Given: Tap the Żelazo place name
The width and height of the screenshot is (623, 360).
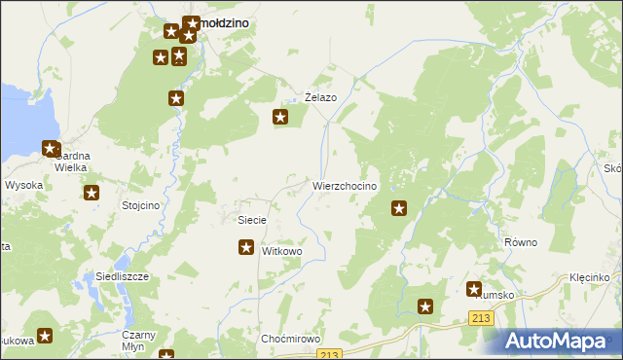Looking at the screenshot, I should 320,98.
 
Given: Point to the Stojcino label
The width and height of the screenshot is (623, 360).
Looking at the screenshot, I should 139,205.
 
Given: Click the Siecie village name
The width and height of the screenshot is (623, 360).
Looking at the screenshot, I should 252,220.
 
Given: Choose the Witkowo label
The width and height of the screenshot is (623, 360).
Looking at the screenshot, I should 282,251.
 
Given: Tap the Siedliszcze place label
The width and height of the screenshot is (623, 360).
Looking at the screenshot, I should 122,276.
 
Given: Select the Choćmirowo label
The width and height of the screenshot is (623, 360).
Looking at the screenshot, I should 291,339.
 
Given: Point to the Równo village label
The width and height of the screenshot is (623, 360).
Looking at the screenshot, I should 521,242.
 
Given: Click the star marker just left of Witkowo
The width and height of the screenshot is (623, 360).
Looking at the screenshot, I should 246,248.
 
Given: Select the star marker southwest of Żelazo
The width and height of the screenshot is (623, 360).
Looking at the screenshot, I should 281,119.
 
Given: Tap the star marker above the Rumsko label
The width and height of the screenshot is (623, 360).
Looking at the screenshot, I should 474,289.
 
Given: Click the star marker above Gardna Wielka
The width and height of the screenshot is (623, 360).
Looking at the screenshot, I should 51,149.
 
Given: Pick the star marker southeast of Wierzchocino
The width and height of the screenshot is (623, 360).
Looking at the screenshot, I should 399,207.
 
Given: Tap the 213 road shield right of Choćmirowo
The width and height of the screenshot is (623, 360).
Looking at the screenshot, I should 333,354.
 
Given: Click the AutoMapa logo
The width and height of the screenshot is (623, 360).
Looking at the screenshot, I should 559,341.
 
